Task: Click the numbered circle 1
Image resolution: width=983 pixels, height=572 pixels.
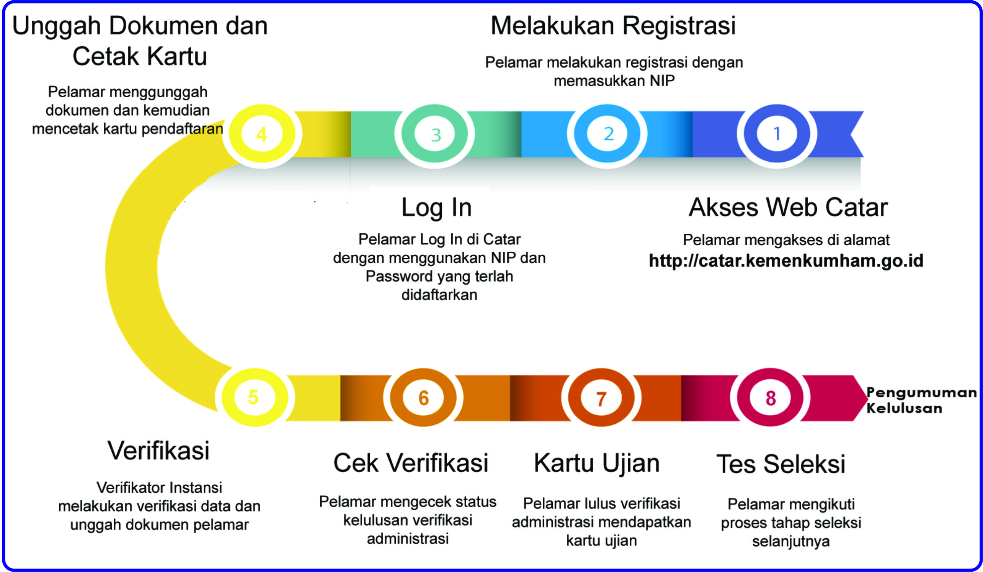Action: (777, 134)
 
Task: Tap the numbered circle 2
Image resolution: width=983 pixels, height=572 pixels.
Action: (607, 134)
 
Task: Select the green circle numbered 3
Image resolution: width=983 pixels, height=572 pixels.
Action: (434, 134)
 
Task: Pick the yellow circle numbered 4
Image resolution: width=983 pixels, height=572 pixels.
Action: (262, 134)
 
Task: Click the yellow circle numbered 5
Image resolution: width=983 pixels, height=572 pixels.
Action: (254, 397)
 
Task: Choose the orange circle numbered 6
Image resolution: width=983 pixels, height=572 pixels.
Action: (423, 397)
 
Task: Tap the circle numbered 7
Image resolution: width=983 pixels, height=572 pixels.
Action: (601, 398)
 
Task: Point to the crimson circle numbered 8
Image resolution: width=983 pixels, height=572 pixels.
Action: (770, 397)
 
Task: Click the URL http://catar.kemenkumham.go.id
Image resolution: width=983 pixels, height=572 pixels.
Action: (786, 261)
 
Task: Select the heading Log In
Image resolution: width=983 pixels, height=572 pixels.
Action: (436, 207)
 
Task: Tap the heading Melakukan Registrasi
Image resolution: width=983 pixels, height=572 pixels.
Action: (613, 26)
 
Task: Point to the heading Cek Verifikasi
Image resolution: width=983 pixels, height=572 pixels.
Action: (410, 463)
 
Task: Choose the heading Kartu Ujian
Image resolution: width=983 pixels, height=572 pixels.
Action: (596, 464)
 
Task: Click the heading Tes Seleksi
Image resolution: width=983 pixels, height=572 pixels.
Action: (781, 464)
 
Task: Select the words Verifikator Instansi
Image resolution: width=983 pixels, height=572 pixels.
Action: (159, 488)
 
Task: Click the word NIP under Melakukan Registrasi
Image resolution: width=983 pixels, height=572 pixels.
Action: (662, 81)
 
